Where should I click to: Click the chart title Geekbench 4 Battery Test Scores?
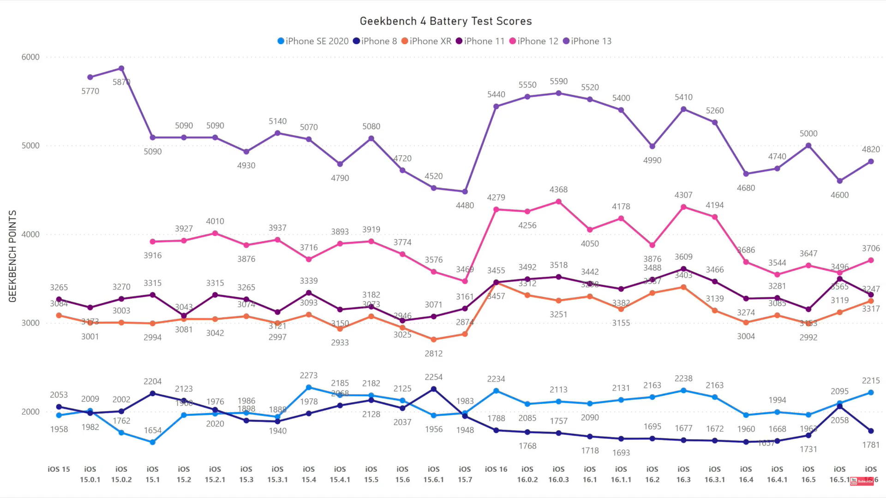pos(445,21)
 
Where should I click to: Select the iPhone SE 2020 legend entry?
pos(313,41)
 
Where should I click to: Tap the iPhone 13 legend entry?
pos(587,41)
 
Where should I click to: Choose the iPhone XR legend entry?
pos(426,41)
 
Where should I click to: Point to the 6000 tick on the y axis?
pos(30,57)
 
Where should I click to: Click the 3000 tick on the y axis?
pos(30,323)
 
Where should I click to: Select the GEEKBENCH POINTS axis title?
pos(12,256)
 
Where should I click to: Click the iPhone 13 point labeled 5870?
pos(121,68)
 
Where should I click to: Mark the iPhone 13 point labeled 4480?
pos(465,191)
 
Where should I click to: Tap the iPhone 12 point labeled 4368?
pos(558,202)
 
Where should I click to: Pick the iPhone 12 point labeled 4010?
pos(215,233)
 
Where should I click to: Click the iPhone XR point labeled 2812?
pos(433,339)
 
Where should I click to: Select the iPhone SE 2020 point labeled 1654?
pos(152,442)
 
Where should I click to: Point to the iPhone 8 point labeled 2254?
pos(433,389)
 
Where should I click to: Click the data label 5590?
pos(558,81)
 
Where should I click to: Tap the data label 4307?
pos(683,195)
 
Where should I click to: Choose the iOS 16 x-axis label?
pos(496,469)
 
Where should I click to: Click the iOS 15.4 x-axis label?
pos(309,474)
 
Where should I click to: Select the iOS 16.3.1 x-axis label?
pos(714,474)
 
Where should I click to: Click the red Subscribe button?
pos(862,481)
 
